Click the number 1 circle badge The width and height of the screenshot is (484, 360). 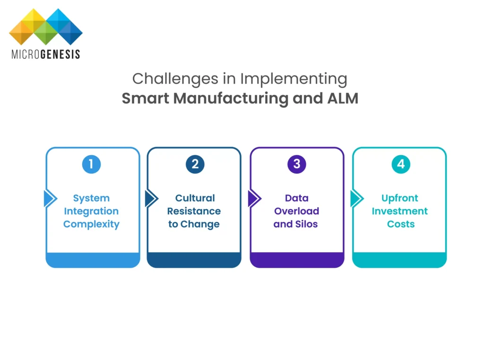point(91,164)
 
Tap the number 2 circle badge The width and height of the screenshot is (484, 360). point(195,164)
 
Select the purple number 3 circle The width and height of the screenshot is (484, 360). point(297,164)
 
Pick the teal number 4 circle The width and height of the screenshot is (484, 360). point(401,164)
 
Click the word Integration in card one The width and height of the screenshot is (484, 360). point(91,211)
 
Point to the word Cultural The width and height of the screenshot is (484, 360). point(195,198)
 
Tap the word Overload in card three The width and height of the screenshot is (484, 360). point(297,211)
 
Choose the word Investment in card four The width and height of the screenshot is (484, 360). point(400,211)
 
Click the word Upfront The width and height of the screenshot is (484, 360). point(400,198)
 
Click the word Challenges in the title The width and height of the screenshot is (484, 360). point(175,79)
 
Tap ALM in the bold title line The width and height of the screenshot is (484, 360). point(343,98)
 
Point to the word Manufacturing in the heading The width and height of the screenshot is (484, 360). point(231,99)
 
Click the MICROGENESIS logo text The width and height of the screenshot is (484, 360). point(46,54)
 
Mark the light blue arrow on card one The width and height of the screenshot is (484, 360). point(50,198)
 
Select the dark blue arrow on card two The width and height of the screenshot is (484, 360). point(152,198)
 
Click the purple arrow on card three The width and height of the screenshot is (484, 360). point(255,198)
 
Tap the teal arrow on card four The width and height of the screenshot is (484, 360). point(357,198)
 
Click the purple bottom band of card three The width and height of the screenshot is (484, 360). point(297,260)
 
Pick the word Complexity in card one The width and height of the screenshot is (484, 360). point(91,224)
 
